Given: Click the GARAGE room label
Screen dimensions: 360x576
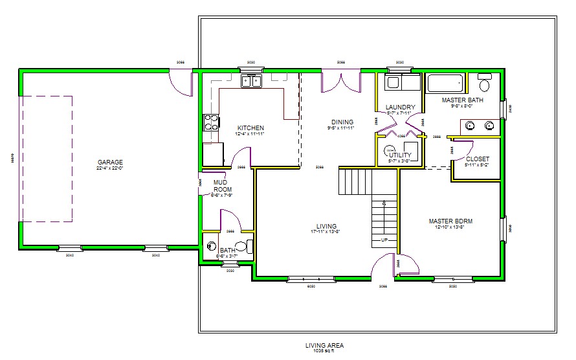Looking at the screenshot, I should tap(110, 162).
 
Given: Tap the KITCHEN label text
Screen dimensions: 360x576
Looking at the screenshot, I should tap(250, 128).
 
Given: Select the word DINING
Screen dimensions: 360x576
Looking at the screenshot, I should tap(342, 122).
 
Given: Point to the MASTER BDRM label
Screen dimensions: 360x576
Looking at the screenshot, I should tap(450, 221).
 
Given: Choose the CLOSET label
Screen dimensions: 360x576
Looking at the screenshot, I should tap(477, 159).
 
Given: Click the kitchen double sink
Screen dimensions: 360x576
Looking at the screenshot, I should tap(250, 81).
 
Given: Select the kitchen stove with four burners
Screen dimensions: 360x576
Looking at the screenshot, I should tap(211, 123).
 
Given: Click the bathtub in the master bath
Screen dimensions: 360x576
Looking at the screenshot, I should tap(445, 84).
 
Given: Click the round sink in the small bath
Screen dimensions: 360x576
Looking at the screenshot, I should tap(212, 246).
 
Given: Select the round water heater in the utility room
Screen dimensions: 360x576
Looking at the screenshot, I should tap(390, 151).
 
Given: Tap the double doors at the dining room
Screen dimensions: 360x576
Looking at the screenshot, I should tap(341, 82).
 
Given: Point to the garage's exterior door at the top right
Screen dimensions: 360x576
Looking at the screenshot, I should tap(181, 81).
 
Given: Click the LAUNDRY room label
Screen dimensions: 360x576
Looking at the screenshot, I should tap(400, 107).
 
